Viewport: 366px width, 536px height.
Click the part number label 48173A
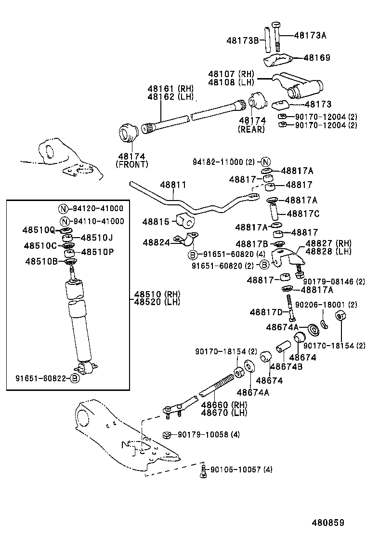coord(310,35)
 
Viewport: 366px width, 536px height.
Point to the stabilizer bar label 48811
coord(170,185)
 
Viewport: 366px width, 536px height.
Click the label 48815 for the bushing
coord(156,222)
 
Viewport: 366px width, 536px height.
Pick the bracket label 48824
coord(157,243)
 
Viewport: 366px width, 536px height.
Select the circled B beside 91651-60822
coord(75,378)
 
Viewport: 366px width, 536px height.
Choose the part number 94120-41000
coord(98,209)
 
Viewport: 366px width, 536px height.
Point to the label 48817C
coord(303,213)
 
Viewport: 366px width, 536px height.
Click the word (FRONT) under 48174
coord(131,164)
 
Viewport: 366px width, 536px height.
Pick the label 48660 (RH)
coord(224,405)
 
